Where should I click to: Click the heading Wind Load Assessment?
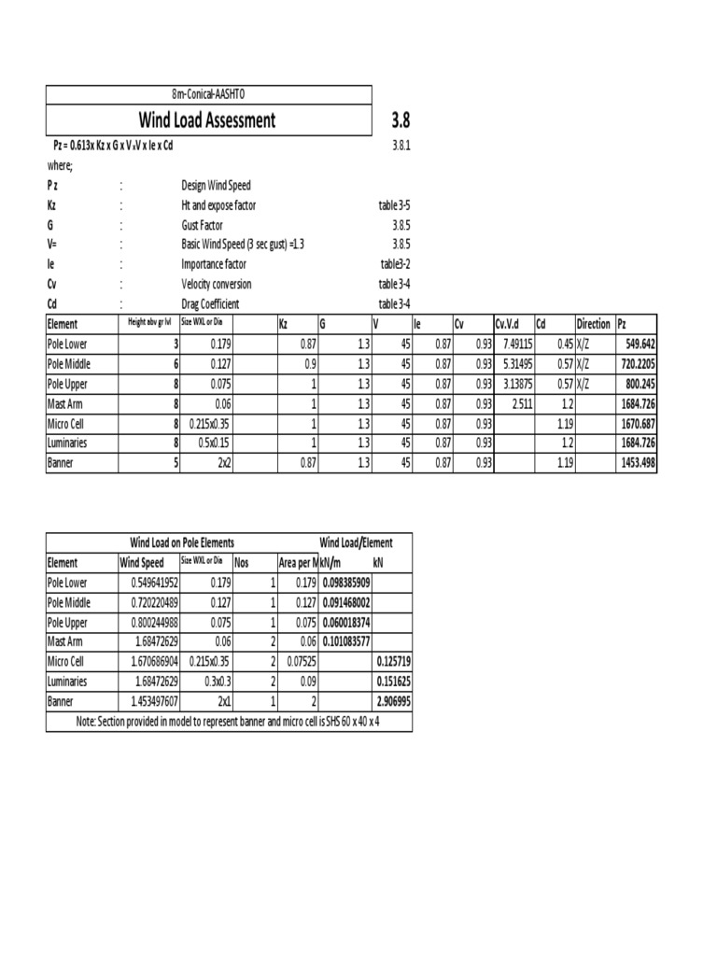pos(207,119)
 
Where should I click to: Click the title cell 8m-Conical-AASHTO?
pos(209,94)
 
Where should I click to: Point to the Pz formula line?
pos(114,146)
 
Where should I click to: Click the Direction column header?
pos(594,324)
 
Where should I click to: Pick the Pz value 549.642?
pos(638,344)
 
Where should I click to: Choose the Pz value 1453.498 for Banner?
pos(638,463)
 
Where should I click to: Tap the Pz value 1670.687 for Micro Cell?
pos(638,424)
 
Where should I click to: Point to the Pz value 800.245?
pos(640,384)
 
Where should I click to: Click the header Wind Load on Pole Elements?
pos(181,542)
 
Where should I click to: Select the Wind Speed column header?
pos(142,563)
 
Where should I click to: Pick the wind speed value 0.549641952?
pos(148,582)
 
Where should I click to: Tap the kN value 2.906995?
pos(391,700)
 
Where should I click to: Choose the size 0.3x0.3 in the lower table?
pos(207,681)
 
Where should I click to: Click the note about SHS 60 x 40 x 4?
pos(229,722)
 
